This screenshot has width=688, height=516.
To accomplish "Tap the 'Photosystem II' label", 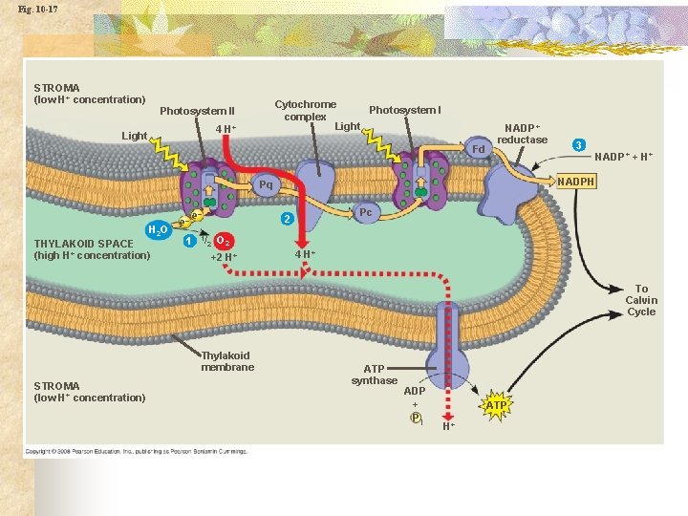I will coord(197,111).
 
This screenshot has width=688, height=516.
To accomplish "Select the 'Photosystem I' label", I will coord(405,110).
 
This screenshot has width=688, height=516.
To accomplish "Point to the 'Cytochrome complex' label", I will coord(306,110).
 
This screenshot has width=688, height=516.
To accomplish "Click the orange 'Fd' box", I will coord(480,149).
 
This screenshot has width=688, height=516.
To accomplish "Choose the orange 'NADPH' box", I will coord(576,182).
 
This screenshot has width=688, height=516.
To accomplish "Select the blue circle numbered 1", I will coord(189,239).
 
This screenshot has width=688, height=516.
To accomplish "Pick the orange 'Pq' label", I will coord(266,184).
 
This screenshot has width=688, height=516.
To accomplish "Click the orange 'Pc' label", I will coord(365,212).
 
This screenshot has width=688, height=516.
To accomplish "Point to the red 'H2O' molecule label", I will coord(158,230).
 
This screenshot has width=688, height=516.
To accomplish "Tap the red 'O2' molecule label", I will coord(222,240).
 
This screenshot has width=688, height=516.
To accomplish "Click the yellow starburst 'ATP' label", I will coord(496,406).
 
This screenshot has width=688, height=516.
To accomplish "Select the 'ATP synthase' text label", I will coord(374,375).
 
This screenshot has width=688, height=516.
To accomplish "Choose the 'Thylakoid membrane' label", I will coord(227,361).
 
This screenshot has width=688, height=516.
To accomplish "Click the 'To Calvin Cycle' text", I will coord(641,300).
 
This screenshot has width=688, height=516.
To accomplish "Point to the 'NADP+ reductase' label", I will coord(523,134).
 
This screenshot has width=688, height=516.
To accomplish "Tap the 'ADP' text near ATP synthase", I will coord(416,391).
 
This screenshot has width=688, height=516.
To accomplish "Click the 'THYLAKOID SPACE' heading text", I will coord(84,243).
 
